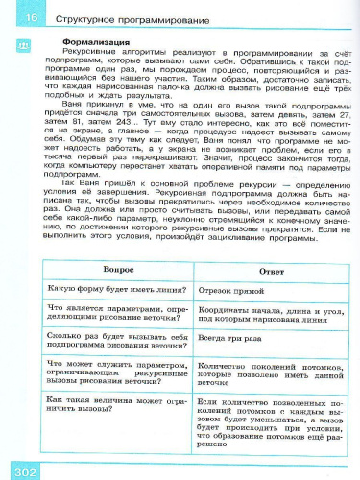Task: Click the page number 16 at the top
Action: click(x=32, y=18)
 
